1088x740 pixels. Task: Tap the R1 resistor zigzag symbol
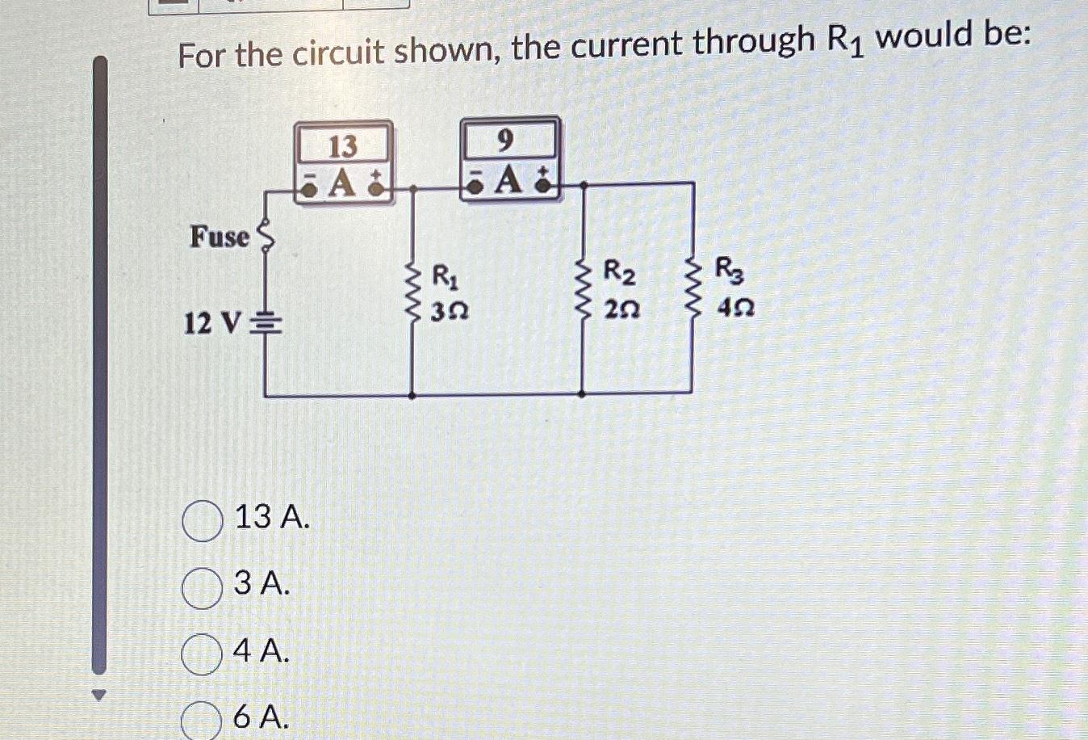[x=413, y=292]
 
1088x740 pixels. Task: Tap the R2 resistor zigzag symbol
[x=584, y=289]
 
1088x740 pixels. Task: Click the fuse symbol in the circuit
[x=265, y=236]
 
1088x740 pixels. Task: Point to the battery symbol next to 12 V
[x=266, y=326]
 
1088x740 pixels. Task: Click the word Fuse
[x=220, y=238]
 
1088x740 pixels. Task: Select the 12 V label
[x=211, y=325]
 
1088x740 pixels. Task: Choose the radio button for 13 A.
[x=202, y=521]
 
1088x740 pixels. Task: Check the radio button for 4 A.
[x=202, y=654]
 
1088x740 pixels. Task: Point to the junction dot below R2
[x=583, y=395]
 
